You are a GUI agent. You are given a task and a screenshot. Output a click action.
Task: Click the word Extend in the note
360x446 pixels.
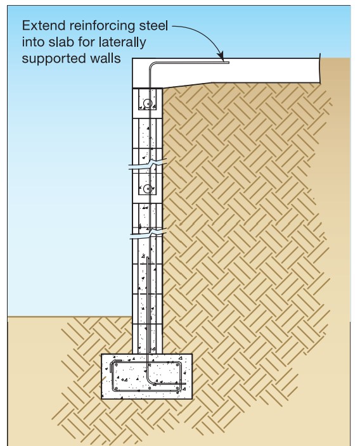(x=44, y=25)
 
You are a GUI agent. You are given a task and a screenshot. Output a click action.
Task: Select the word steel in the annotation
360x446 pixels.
(x=153, y=25)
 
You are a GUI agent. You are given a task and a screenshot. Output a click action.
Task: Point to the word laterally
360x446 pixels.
(x=122, y=42)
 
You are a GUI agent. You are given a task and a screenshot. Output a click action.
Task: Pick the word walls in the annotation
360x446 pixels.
(x=106, y=58)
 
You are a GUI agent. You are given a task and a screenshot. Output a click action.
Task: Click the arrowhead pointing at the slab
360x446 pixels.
(x=221, y=55)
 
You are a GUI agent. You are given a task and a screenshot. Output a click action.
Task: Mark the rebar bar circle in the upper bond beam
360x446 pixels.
(x=148, y=103)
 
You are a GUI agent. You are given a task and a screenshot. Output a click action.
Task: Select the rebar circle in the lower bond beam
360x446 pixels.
(x=148, y=188)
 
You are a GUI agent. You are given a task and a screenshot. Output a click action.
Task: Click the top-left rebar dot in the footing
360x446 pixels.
(x=116, y=365)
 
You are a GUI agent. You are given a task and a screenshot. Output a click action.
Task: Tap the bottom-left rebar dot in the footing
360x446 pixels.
(x=116, y=388)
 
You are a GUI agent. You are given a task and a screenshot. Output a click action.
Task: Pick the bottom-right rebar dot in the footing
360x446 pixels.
(x=177, y=388)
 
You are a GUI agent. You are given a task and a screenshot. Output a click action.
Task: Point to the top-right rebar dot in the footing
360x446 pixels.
(x=177, y=365)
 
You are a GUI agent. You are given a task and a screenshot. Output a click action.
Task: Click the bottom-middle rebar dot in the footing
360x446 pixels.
(x=150, y=388)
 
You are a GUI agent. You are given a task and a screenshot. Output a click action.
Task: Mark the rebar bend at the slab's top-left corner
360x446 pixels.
(x=151, y=65)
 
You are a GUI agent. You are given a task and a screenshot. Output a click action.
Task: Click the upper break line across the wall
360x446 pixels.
(x=148, y=165)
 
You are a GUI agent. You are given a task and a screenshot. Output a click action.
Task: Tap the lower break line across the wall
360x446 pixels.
(x=148, y=233)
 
